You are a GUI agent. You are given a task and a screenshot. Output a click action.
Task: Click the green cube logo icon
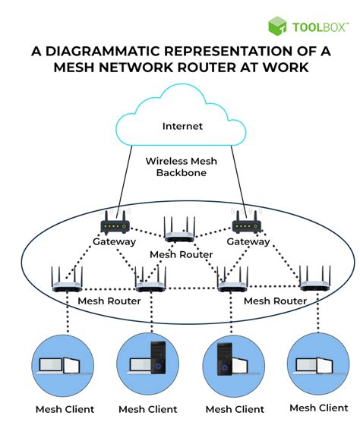pos(277,26)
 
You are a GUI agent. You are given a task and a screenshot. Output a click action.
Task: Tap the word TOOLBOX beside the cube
pos(321,27)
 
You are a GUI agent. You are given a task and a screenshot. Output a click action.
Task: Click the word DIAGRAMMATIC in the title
pos(103,52)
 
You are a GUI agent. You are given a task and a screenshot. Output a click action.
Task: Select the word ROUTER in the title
pos(207,68)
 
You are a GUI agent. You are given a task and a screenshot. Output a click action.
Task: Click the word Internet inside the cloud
pos(182,126)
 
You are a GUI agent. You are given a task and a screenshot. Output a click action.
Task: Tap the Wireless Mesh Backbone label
pos(182,167)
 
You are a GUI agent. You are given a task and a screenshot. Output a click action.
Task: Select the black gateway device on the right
pos(247,222)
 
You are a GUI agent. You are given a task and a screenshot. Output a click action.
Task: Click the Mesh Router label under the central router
pos(181,254)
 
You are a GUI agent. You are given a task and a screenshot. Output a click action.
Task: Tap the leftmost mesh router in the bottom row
pos(67,279)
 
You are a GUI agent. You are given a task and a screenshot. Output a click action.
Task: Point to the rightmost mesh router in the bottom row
pos(315,279)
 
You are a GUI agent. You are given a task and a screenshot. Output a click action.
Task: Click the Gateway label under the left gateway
pos(114,241)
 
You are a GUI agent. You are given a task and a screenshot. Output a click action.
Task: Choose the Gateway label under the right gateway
pos(248,241)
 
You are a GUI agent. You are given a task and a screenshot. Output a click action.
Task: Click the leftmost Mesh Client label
pos(65,409)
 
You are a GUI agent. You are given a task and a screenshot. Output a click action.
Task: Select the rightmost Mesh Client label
pos(319,408)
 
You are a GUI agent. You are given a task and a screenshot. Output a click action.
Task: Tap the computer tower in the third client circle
pos(225,359)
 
